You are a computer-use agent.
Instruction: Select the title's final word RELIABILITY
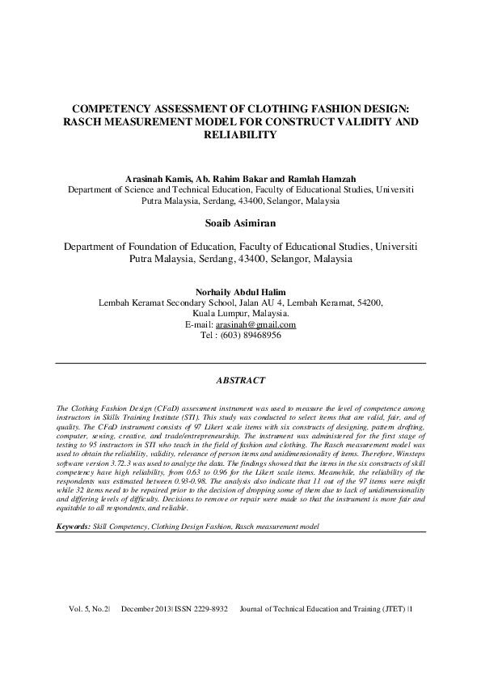(x=240, y=135)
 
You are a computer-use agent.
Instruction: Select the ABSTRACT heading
(x=240, y=379)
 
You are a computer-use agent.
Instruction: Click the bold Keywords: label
(x=73, y=526)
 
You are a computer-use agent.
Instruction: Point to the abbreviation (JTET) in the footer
(x=395, y=630)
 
